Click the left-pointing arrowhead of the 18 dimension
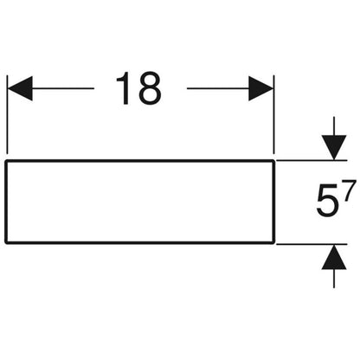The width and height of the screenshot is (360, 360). pyautogui.click(x=20, y=88)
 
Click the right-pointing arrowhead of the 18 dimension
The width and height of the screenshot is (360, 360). pyautogui.click(x=261, y=88)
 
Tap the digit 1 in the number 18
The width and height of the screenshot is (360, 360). pyautogui.click(x=124, y=88)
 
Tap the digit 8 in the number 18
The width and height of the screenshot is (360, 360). pyautogui.click(x=148, y=88)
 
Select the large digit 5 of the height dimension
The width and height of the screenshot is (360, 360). pyautogui.click(x=327, y=202)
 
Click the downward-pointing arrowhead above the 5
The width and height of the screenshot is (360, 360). pyautogui.click(x=334, y=147)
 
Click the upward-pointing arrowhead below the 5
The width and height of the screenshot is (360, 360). pyautogui.click(x=334, y=257)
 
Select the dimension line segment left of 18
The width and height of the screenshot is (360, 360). pyautogui.click(x=63, y=88)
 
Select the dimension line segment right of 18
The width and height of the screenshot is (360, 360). pyautogui.click(x=218, y=88)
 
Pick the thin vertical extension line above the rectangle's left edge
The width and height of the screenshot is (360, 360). pyautogui.click(x=7, y=114)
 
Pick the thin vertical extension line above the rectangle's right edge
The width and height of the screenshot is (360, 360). pyautogui.click(x=273, y=114)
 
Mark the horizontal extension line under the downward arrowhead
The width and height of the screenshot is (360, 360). pyautogui.click(x=312, y=160)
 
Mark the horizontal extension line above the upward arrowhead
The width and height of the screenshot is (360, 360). pyautogui.click(x=312, y=244)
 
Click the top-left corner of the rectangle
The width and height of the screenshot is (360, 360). pyautogui.click(x=6, y=161)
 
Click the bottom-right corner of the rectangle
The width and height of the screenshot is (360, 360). pyautogui.click(x=273, y=242)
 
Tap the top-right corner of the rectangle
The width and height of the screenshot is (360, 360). pyautogui.click(x=273, y=161)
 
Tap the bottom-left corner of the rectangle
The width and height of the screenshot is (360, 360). pyautogui.click(x=6, y=242)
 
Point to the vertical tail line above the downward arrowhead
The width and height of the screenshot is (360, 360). pyautogui.click(x=334, y=126)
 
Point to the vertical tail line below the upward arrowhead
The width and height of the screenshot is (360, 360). pyautogui.click(x=334, y=279)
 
